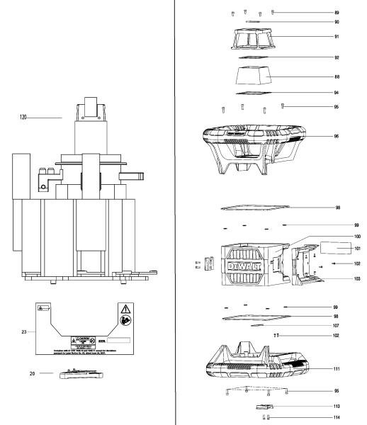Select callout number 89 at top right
[x=336, y=13]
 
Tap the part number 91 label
[x=336, y=35]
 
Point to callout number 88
[x=336, y=76]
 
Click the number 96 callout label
[x=336, y=136]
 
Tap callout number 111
[x=336, y=368]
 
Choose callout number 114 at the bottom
[x=336, y=418]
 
